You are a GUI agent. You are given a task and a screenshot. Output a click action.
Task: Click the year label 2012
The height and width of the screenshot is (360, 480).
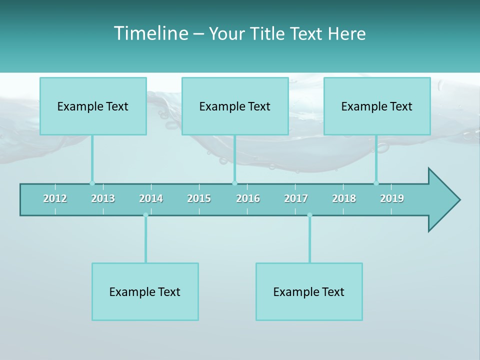pyautogui.click(x=55, y=198)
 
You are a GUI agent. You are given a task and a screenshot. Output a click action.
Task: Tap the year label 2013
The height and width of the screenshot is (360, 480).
pyautogui.click(x=103, y=198)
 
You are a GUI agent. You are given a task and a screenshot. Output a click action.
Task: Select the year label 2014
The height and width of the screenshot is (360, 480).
pyautogui.click(x=151, y=198)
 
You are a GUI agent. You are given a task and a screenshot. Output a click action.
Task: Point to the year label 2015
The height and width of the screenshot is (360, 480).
pyautogui.click(x=199, y=198)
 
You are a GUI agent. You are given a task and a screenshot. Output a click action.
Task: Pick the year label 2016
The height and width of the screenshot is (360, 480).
pyautogui.click(x=248, y=198)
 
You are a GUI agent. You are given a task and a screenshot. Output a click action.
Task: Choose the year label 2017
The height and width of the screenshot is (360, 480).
pyautogui.click(x=296, y=198)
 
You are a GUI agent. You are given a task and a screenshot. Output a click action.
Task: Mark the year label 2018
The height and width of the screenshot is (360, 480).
pyautogui.click(x=344, y=198)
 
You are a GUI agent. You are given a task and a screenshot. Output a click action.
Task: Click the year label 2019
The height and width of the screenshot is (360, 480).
pyautogui.click(x=392, y=198)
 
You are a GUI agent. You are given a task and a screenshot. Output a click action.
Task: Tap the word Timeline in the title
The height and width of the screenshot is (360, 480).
pyautogui.click(x=150, y=33)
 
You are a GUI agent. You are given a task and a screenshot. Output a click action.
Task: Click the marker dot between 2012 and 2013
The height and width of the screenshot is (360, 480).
pyautogui.click(x=92, y=183)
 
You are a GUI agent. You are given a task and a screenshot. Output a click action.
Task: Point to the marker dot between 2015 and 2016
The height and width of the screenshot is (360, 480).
pyautogui.click(x=234, y=183)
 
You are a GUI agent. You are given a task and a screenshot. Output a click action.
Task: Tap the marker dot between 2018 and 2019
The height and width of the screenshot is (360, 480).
pyautogui.click(x=376, y=183)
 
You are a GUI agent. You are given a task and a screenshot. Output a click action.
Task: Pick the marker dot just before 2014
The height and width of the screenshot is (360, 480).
pyautogui.click(x=145, y=215)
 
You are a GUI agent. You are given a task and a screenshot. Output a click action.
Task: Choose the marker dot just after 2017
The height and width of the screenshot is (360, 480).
pyautogui.click(x=309, y=215)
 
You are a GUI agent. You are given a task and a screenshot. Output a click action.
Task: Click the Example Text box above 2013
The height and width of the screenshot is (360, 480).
pyautogui.click(x=93, y=106)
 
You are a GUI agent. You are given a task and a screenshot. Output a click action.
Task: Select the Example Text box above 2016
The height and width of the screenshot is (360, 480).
pyautogui.click(x=235, y=106)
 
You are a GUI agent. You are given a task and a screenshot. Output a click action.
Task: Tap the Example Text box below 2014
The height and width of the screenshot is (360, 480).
pyautogui.click(x=145, y=291)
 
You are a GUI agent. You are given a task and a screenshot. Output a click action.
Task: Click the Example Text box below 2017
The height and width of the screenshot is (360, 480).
pyautogui.click(x=309, y=291)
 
